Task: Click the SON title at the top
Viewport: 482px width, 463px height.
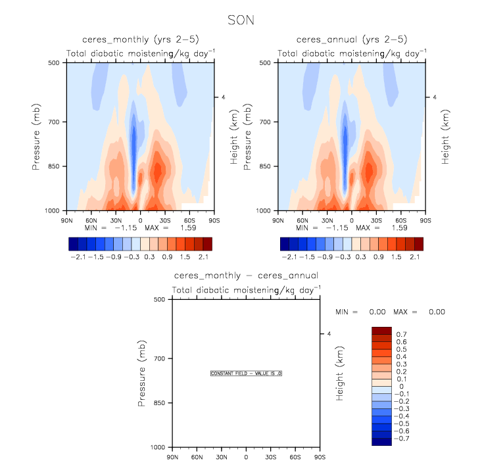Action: click(x=241, y=20)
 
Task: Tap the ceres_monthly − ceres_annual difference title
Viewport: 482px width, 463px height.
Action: click(x=246, y=275)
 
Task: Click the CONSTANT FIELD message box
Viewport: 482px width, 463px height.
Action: click(x=246, y=373)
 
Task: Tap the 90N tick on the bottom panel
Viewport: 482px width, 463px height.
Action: click(x=172, y=456)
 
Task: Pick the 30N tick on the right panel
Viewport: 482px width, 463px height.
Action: click(x=327, y=220)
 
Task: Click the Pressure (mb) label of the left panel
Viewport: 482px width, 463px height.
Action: click(x=37, y=136)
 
